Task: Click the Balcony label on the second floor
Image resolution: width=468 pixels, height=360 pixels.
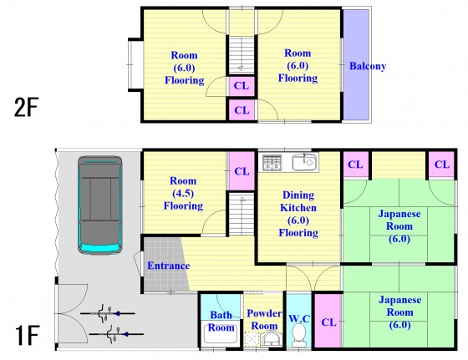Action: pos(368,66)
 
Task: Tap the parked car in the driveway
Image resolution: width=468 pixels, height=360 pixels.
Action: pos(100,205)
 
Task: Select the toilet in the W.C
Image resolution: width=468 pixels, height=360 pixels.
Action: pos(299,335)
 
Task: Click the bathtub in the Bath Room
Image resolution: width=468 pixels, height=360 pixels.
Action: pos(221,333)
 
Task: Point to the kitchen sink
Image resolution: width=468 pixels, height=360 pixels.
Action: pos(305,162)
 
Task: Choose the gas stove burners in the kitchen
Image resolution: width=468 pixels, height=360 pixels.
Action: pos(272,163)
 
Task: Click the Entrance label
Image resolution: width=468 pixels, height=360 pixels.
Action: pos(169,266)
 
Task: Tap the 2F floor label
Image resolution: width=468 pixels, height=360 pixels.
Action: pos(26,108)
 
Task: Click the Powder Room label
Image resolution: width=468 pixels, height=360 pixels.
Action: pos(264,319)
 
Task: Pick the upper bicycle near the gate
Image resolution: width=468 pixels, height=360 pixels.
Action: pos(108,313)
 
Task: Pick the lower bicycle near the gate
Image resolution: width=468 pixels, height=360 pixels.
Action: pos(116,334)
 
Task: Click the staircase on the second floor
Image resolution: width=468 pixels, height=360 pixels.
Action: pos(242,55)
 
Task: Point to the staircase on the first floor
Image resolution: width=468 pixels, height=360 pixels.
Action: pos(242,214)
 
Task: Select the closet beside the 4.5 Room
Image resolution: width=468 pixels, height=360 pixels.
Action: pos(242,171)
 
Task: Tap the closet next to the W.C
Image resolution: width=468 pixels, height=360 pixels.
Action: pos(328,321)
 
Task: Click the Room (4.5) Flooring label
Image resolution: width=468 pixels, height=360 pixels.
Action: pos(183,193)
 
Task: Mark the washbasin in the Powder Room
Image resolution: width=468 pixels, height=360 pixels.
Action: pos(271,339)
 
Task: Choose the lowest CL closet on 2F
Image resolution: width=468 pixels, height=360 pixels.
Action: pos(242,109)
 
